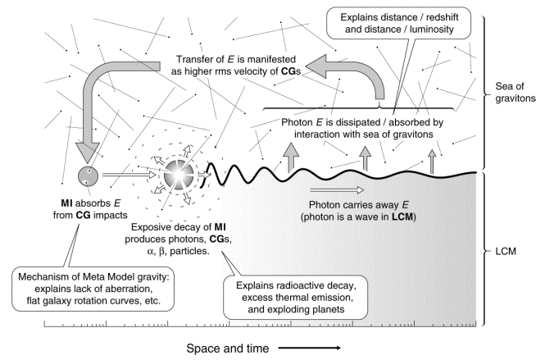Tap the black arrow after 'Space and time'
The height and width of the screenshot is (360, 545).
pyautogui.click(x=305, y=347)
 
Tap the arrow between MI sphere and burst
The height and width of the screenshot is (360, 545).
pyautogui.click(x=130, y=175)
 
